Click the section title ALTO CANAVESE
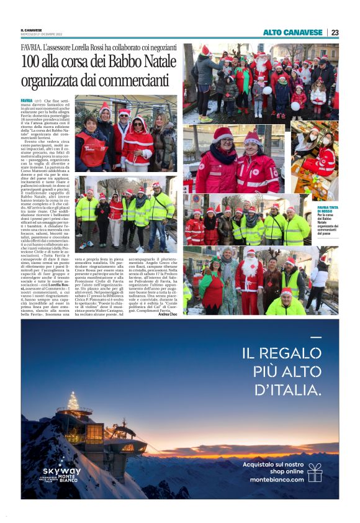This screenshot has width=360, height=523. coord(292,32)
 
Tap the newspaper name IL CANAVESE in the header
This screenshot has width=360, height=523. coord(32,30)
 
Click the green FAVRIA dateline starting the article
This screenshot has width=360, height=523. coord(27,100)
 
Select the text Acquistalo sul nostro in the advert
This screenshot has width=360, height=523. coord(273,464)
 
